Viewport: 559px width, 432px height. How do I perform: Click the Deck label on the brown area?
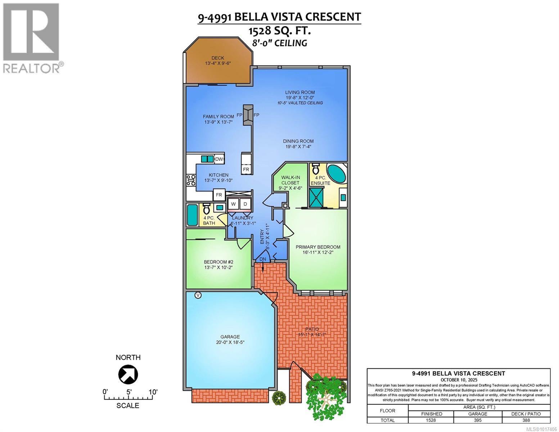pyautogui.click(x=217, y=58)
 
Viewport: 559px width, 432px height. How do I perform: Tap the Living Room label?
pyautogui.click(x=300, y=92)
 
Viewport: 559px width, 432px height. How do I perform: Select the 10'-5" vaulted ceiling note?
pyautogui.click(x=300, y=103)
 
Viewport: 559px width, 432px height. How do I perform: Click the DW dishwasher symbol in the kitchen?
pyautogui.click(x=219, y=159)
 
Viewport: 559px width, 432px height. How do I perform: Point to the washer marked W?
pyautogui.click(x=233, y=204)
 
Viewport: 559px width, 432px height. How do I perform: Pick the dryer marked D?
pyautogui.click(x=245, y=204)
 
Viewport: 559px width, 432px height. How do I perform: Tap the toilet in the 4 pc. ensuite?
pyautogui.click(x=316, y=169)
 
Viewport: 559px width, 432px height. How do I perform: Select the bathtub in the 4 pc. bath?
pyautogui.click(x=192, y=215)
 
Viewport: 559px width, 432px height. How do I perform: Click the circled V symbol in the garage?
pyautogui.click(x=198, y=295)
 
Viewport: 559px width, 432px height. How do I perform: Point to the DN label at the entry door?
pyautogui.click(x=263, y=259)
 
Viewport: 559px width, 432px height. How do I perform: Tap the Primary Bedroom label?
pyautogui.click(x=318, y=247)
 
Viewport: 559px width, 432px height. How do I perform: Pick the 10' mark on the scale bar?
pyautogui.click(x=153, y=392)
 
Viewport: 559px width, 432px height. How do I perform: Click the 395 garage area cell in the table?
pyautogui.click(x=478, y=420)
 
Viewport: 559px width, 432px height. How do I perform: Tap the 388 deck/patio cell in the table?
pyautogui.click(x=526, y=420)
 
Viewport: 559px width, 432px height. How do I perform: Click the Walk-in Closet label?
pyautogui.click(x=290, y=180)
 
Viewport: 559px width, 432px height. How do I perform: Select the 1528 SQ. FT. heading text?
pyautogui.click(x=279, y=31)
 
